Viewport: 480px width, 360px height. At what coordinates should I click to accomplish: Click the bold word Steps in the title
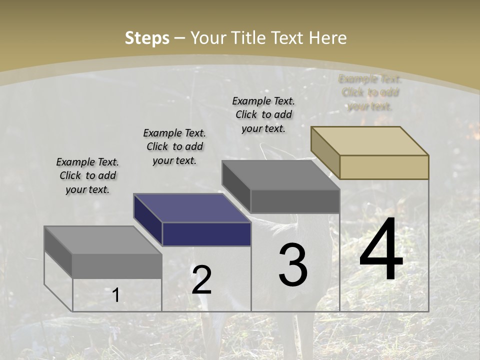(x=147, y=38)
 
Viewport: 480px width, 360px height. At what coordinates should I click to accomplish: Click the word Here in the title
(x=328, y=38)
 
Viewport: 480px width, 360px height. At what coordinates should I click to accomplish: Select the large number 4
(x=381, y=250)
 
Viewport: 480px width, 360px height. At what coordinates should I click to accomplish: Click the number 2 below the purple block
(x=201, y=280)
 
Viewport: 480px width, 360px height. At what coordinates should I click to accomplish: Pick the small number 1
(x=116, y=295)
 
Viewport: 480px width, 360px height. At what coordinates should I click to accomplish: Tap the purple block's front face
(x=206, y=234)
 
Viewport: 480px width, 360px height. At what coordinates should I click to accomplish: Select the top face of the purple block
(x=192, y=207)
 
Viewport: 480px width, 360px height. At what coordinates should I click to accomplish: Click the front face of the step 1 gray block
(x=117, y=266)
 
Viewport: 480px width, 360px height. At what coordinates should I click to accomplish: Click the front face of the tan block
(x=384, y=167)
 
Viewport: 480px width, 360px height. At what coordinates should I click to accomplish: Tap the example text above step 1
(x=87, y=175)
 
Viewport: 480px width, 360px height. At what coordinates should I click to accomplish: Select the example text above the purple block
(x=174, y=146)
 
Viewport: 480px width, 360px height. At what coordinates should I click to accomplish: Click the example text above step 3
(x=263, y=114)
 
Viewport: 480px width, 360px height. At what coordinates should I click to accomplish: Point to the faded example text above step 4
(x=370, y=92)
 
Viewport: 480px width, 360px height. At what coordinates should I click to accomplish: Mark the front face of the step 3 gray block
(x=295, y=201)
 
